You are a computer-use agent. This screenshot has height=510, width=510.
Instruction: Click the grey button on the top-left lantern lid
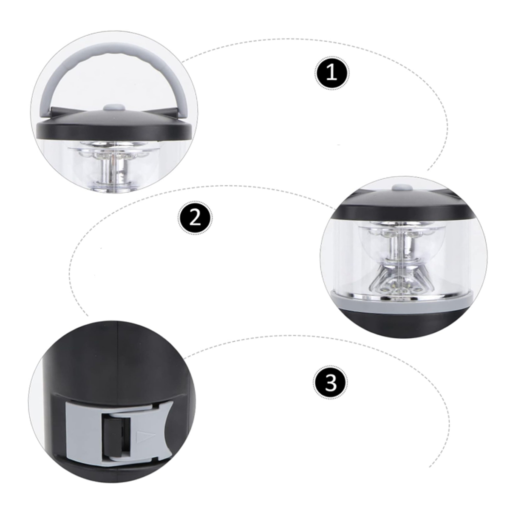tap(114, 107)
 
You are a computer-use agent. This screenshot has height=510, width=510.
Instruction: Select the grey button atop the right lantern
tap(401, 187)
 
